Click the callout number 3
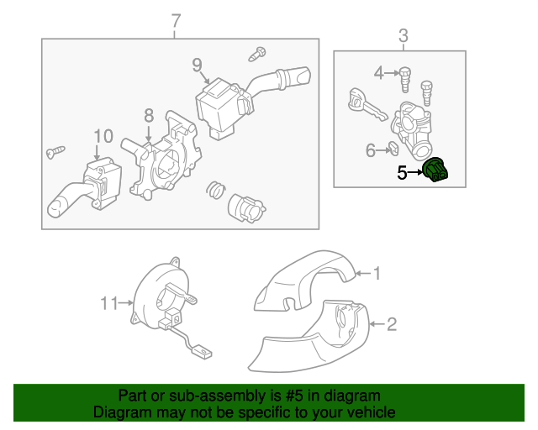point(403,35)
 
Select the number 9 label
point(196,64)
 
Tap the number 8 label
point(148,116)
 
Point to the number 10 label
point(103,135)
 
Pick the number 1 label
point(377,273)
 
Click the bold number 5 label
point(402,172)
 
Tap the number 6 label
point(371,151)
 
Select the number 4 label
point(378,74)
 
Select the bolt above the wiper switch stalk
point(257,54)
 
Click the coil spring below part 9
point(215,190)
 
